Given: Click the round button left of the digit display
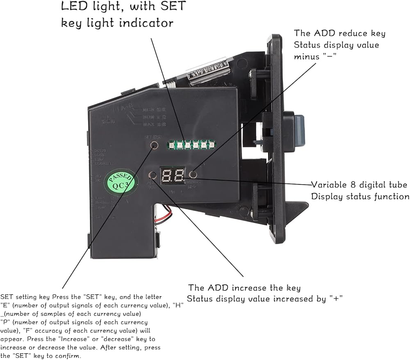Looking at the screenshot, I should (153, 176).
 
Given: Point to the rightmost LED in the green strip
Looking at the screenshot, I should (212, 144).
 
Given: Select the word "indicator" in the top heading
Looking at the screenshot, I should (148, 23).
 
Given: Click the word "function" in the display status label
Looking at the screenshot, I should (391, 197).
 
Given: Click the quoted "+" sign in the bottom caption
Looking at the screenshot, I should (336, 299).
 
